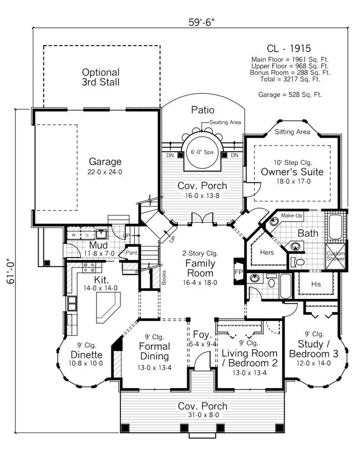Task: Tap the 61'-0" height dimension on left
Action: tap(11, 270)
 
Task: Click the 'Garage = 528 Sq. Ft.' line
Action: tap(290, 95)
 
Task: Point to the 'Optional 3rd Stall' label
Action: tap(100, 77)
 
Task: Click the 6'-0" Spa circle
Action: tap(201, 152)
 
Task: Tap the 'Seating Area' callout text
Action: tap(225, 123)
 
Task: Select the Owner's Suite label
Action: tap(292, 172)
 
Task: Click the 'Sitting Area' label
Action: tap(292, 132)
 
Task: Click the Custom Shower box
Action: tap(335, 256)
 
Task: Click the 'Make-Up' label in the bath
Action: tap(291, 215)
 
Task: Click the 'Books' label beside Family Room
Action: tap(163, 278)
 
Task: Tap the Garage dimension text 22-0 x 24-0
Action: tap(105, 172)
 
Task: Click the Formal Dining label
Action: tap(155, 347)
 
